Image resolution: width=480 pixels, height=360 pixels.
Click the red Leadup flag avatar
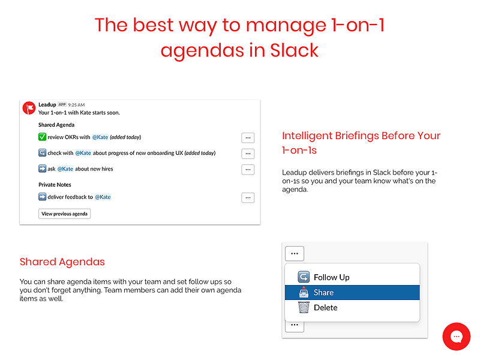point(29,108)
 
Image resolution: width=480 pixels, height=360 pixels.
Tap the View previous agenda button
point(64,214)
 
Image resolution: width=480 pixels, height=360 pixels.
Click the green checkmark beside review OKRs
point(42,137)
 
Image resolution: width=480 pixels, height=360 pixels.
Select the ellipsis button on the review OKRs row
point(248,138)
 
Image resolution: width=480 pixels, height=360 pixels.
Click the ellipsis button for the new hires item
point(248,169)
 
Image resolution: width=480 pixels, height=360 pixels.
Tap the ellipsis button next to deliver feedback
point(248,198)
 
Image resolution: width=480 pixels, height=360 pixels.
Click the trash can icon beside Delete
point(304,307)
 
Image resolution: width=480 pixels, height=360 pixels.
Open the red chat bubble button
point(457,337)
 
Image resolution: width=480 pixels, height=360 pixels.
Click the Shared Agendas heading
point(62,262)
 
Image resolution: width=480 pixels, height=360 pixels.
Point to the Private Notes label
point(55,185)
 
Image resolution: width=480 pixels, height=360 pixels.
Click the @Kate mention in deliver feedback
point(103,197)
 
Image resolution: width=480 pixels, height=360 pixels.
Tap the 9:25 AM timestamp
point(76,104)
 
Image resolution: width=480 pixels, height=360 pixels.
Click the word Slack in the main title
point(294,50)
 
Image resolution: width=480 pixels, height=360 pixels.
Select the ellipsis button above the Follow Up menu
point(295,253)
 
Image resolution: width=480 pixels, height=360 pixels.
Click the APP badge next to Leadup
point(62,104)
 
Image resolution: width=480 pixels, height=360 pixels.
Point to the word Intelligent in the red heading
point(307,136)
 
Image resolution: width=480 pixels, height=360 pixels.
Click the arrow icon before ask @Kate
point(42,169)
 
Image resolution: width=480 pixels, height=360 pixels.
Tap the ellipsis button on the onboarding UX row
point(248,154)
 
